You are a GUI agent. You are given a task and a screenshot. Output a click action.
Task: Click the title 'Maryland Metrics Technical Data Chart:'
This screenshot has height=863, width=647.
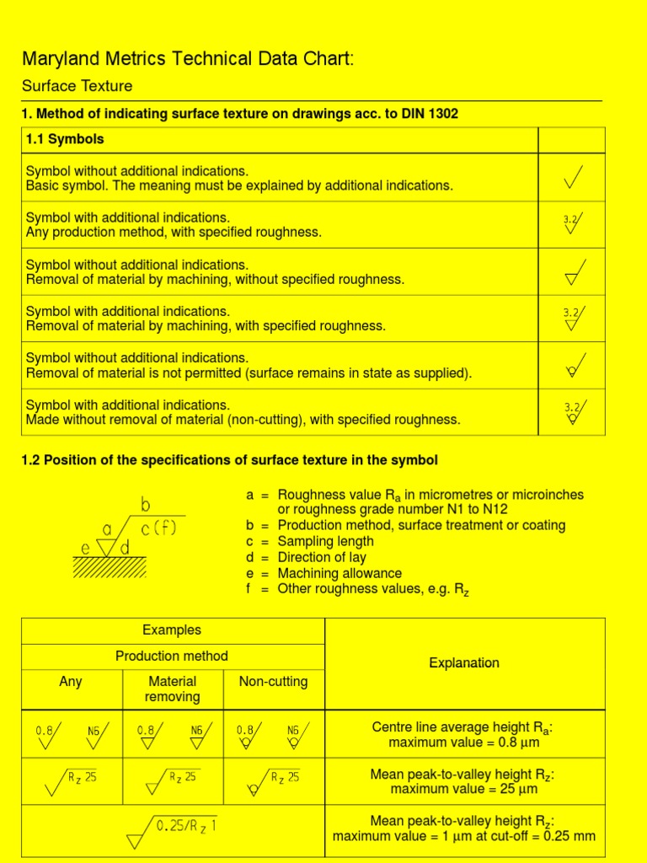188,59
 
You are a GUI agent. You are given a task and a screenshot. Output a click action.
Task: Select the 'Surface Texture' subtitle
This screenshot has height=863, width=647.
77,86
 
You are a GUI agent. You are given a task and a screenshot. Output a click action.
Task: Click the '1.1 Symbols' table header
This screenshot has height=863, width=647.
65,138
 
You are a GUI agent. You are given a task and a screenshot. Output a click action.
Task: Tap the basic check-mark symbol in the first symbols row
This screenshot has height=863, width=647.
572,177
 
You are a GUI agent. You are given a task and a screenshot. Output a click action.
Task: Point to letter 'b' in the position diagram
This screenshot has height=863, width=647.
146,506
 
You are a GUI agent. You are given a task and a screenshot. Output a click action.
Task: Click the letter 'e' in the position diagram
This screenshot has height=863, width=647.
86,549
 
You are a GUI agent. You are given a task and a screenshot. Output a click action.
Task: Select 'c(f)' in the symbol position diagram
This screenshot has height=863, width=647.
158,529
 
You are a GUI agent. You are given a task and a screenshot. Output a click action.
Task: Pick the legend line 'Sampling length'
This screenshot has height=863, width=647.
326,541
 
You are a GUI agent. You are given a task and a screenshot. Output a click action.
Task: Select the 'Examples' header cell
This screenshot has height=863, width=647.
172,630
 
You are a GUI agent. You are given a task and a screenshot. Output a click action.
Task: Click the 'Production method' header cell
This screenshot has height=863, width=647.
172,656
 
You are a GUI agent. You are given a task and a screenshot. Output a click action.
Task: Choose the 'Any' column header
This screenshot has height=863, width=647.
71,681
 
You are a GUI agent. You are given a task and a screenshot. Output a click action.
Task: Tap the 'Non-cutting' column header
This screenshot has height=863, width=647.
273,681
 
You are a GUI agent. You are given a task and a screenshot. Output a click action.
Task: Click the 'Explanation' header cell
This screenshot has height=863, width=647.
464,663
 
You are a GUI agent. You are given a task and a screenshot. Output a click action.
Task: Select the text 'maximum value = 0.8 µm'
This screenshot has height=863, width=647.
463,742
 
